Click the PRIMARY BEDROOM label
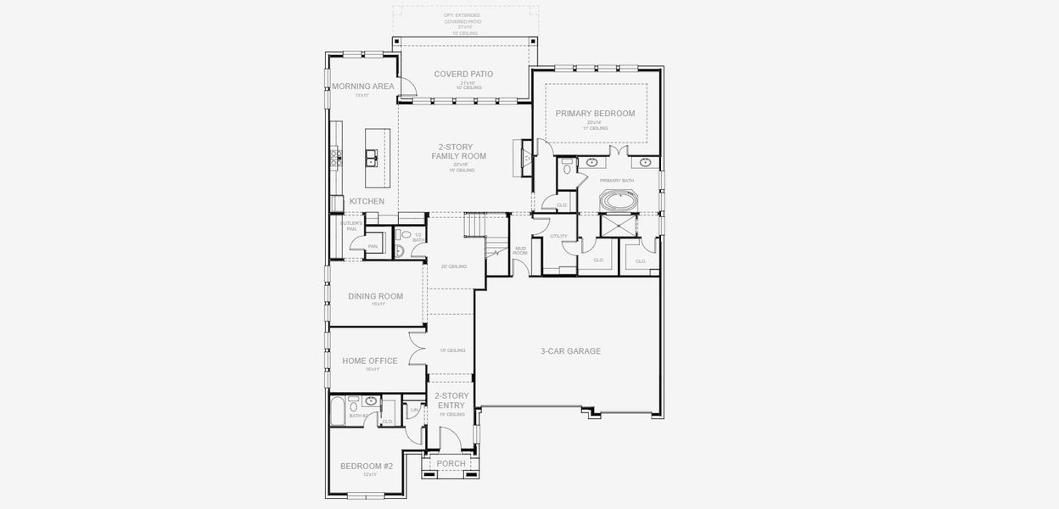pos(595,113)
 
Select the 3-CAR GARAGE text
pos(570,350)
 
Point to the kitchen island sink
pos(372,157)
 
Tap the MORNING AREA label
pos(363,87)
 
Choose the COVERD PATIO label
pos(463,75)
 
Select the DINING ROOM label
pos(375,296)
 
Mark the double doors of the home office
pos(417,350)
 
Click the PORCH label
pos(451,463)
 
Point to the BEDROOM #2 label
pos(367,466)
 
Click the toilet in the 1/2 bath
pos(405,235)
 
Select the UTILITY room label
pos(558,237)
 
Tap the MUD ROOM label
pos(521,250)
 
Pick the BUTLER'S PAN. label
pos(351,226)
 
